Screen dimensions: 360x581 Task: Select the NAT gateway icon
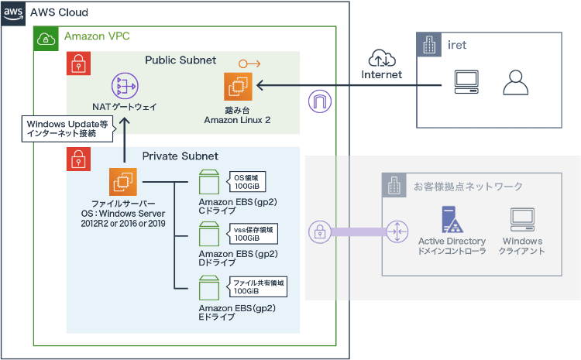pos(124,86)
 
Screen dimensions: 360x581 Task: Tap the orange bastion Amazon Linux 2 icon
pos(238,85)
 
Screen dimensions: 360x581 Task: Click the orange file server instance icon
pos(123,182)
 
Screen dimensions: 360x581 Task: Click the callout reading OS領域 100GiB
pos(247,182)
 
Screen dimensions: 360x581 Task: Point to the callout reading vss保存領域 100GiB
pos(253,234)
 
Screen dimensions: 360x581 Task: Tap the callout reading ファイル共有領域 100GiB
pos(256,286)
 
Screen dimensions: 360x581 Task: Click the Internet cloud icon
pos(381,57)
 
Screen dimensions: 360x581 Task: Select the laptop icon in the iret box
pos(465,81)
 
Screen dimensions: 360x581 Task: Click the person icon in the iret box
pos(514,81)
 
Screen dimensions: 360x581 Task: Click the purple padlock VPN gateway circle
pos(318,230)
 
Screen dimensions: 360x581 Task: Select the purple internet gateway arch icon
pos(318,101)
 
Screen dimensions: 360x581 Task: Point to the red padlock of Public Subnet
pos(77,63)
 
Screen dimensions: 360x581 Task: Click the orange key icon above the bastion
pos(249,63)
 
